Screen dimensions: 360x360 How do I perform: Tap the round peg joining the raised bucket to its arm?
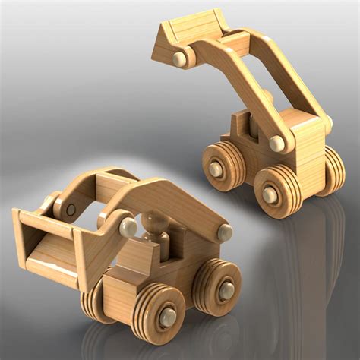180,58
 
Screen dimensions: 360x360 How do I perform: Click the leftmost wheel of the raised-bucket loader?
221,166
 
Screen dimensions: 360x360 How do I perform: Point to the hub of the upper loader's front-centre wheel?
270,194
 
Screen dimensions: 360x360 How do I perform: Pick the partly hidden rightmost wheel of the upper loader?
332,172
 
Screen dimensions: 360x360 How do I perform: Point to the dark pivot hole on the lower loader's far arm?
71,209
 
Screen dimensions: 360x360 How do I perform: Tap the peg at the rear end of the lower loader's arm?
226,232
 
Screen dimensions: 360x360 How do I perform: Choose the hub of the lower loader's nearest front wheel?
167,316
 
